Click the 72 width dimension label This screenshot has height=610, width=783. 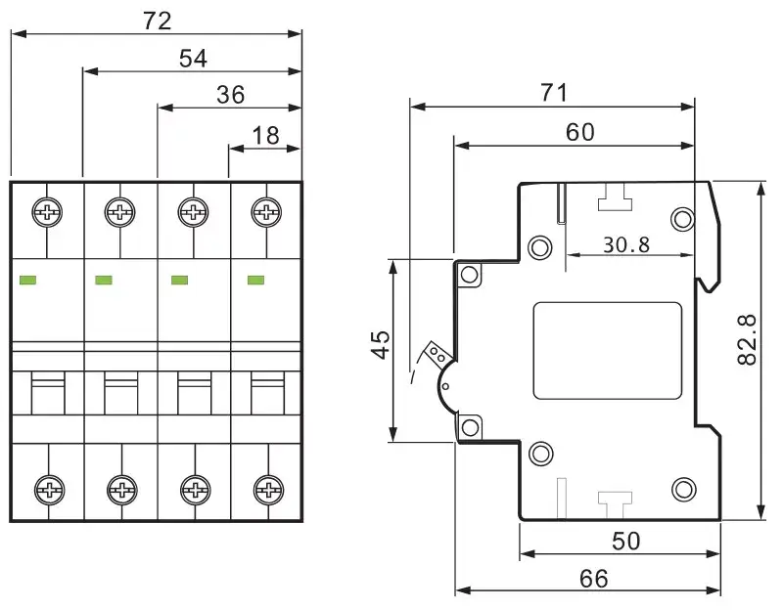(157, 21)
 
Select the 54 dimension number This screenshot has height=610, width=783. (193, 59)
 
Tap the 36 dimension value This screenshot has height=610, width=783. (231, 95)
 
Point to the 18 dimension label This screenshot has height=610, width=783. (265, 136)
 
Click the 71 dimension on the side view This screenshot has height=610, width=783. (554, 93)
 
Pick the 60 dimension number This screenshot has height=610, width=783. (580, 132)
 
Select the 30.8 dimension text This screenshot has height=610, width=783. (626, 245)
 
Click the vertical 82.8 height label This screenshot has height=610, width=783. (748, 339)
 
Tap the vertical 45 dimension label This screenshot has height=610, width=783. (381, 344)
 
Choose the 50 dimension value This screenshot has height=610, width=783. (625, 542)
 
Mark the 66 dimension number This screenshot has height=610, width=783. (594, 579)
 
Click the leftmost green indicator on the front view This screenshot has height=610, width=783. (27, 280)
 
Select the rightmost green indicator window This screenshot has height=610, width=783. (256, 280)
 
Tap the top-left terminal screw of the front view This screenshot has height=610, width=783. (47, 212)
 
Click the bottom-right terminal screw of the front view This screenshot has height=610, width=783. (268, 490)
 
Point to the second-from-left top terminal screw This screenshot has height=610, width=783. (119, 212)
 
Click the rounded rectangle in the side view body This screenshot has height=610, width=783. (608, 351)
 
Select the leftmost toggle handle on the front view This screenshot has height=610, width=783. (48, 393)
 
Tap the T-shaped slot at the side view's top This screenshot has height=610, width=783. (615, 197)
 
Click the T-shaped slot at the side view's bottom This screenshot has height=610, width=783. (615, 505)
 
